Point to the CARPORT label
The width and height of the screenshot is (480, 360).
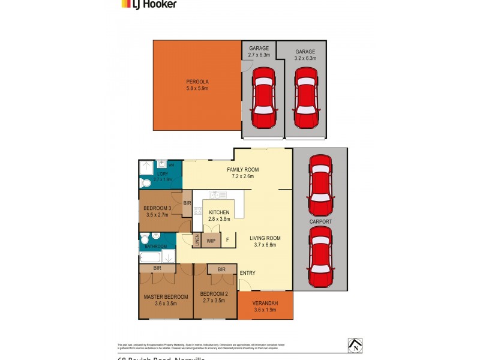(320, 221)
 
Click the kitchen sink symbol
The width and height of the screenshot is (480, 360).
(218, 195)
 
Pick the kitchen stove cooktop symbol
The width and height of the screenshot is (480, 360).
(197, 211)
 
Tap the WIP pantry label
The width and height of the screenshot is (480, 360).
(211, 241)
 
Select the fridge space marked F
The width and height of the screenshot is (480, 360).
(227, 241)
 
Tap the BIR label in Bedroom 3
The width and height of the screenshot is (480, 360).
(187, 203)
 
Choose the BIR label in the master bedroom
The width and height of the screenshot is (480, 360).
(157, 268)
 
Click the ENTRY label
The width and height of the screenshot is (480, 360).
(247, 273)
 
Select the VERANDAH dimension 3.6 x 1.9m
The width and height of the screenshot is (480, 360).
(266, 310)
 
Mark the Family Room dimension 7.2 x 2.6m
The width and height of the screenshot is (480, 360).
(242, 176)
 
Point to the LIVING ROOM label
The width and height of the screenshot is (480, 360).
(265, 238)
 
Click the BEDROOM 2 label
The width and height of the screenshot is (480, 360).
(216, 293)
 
